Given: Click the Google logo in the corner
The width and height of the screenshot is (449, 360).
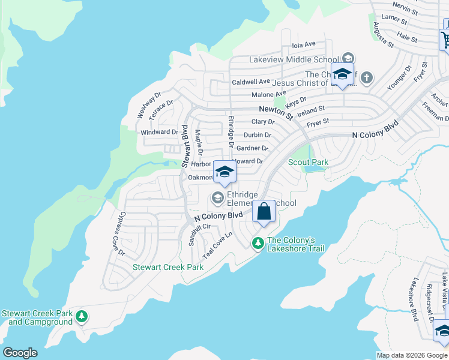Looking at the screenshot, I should coord(20,353).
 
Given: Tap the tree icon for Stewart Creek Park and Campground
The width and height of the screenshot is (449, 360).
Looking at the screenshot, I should coord(82,316).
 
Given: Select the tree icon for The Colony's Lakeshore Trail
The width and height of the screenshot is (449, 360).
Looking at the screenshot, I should coord(258,243).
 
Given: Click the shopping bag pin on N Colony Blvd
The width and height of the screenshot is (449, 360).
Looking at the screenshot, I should coord(264,212).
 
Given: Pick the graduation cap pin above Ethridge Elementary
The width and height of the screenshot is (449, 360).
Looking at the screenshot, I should coord(224,172).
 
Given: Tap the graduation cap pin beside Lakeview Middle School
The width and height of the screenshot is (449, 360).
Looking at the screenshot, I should coord(342,74).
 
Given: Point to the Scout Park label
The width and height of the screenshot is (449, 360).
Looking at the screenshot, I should coord(308,162).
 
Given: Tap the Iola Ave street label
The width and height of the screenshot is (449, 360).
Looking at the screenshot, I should coord(303,44).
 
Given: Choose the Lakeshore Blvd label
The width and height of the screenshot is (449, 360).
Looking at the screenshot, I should coord(413,299).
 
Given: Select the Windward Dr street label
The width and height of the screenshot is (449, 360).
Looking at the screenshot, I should coord(159,132).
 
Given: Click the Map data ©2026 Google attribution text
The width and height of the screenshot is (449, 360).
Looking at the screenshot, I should coord(412,355).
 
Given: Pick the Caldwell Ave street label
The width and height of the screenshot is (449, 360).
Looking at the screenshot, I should coord(251,82).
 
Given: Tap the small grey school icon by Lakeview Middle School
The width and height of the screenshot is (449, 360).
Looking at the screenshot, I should coord(348,59).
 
